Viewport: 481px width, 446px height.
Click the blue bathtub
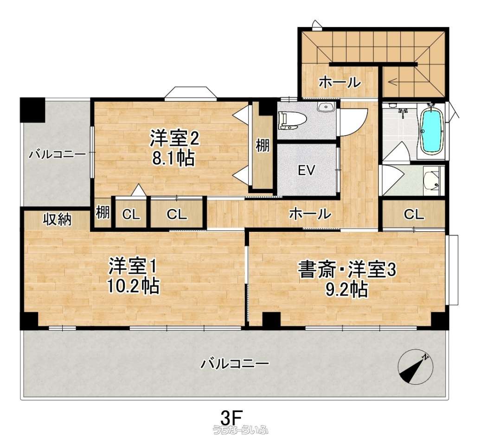(x=432, y=131)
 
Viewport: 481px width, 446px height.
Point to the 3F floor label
(x=232, y=417)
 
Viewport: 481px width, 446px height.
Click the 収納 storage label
(x=58, y=220)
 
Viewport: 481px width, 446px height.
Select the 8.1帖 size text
(x=173, y=159)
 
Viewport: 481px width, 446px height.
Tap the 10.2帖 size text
(x=133, y=286)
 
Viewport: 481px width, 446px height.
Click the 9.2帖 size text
(x=346, y=289)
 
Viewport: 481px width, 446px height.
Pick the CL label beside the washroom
(x=414, y=215)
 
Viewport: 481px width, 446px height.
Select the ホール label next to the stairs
(x=340, y=83)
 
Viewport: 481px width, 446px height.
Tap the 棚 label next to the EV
(x=263, y=145)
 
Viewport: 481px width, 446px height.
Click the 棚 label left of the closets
(x=103, y=212)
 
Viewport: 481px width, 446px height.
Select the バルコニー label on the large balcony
(x=235, y=364)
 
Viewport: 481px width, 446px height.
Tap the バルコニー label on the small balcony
(x=58, y=154)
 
